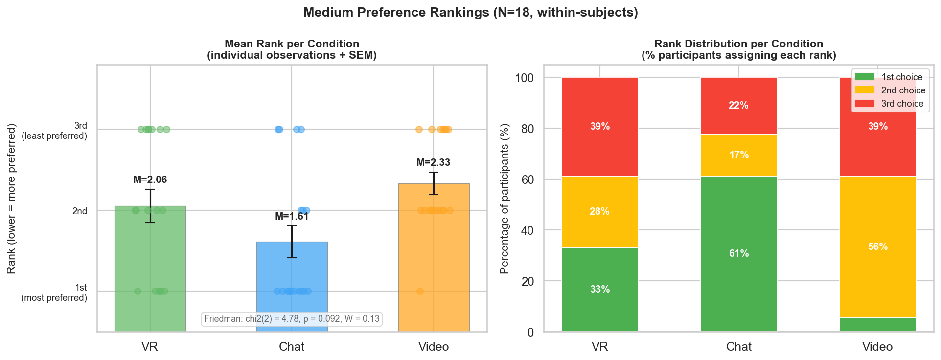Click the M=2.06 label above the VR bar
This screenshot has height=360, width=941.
[150, 180]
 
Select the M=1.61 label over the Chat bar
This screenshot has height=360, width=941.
[292, 216]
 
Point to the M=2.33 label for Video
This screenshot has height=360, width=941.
[433, 162]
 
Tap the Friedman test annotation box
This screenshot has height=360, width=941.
[292, 319]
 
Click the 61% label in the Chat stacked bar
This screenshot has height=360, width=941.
[738, 253]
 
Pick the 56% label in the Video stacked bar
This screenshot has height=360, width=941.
[877, 247]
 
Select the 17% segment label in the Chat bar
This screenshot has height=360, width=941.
[738, 155]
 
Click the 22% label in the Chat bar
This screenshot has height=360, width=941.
[738, 105]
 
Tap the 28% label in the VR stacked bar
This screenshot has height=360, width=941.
[599, 211]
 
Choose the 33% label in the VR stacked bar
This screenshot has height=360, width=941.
[599, 289]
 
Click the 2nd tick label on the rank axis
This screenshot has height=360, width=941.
[79, 211]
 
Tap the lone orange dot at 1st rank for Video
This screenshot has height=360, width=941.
[420, 291]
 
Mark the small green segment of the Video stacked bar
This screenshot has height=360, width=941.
[877, 324]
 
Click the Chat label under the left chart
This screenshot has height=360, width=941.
[292, 347]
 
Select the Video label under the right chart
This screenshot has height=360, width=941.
[877, 347]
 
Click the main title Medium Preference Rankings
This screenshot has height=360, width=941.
[470, 13]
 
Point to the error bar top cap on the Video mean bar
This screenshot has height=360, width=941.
[434, 172]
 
